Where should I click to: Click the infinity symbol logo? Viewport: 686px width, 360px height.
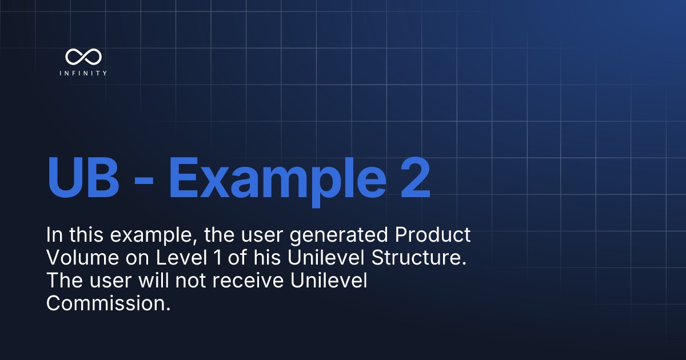click(x=83, y=56)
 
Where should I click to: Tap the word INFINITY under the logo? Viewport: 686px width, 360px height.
click(x=83, y=73)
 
